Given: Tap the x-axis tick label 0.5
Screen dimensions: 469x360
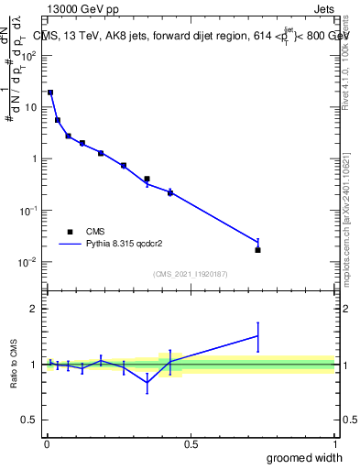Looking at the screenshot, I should (190, 443).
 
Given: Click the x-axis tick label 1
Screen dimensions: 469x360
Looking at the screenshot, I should (334, 443).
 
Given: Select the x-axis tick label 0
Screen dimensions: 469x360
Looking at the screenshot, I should (46, 443).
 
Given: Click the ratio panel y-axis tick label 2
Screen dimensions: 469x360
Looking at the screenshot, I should (33, 309).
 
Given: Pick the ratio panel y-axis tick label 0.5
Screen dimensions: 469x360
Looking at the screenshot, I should (29, 420).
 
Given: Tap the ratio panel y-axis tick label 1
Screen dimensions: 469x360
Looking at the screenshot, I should (33, 365).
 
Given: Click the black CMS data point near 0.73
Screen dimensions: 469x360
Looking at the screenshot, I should (257, 250).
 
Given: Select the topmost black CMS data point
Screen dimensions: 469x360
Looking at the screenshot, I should (50, 93).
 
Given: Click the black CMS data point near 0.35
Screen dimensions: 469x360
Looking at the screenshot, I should (147, 180).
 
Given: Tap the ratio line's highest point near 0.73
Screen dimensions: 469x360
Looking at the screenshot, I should (257, 336).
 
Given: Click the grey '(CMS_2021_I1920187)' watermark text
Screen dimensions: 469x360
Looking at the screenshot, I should (190, 273).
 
